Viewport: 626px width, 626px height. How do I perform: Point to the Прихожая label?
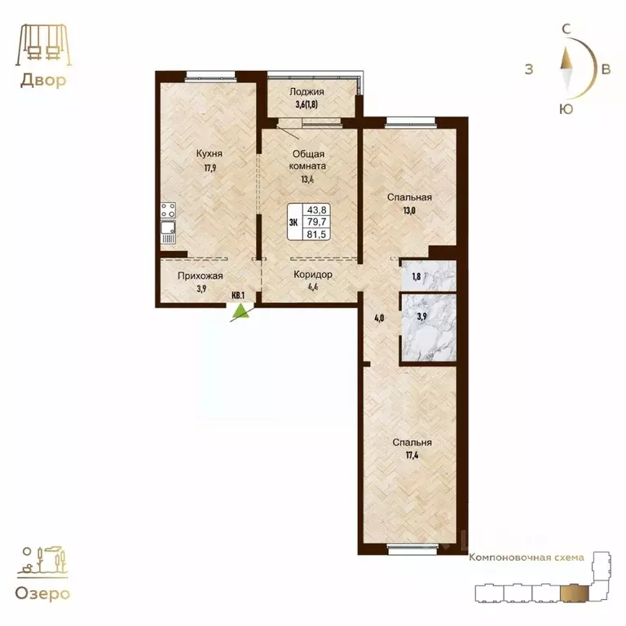200,276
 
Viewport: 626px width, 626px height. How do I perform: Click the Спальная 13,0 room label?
409,197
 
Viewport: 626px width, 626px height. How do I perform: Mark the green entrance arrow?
240,311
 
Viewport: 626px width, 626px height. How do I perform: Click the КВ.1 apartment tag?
239,297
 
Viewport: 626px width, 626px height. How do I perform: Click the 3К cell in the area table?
293,221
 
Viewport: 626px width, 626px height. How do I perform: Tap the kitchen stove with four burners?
169,211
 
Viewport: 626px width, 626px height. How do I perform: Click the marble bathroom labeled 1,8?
427,276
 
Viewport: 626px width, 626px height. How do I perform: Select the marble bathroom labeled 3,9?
427,327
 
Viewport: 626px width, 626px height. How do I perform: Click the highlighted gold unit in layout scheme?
577,590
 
